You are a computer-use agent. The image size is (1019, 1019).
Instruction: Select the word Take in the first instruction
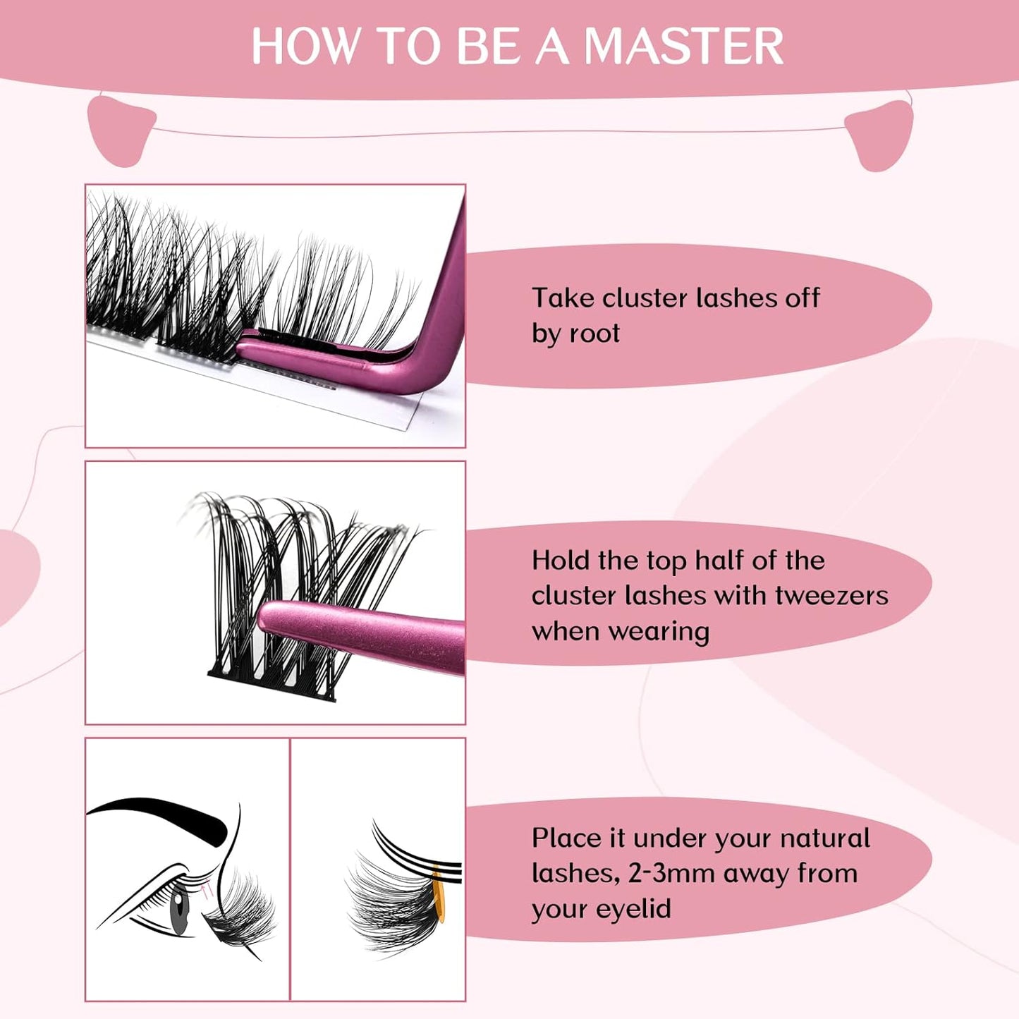562,298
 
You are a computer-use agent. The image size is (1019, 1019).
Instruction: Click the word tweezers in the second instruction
831,596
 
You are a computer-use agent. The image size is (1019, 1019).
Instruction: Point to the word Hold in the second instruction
561,561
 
